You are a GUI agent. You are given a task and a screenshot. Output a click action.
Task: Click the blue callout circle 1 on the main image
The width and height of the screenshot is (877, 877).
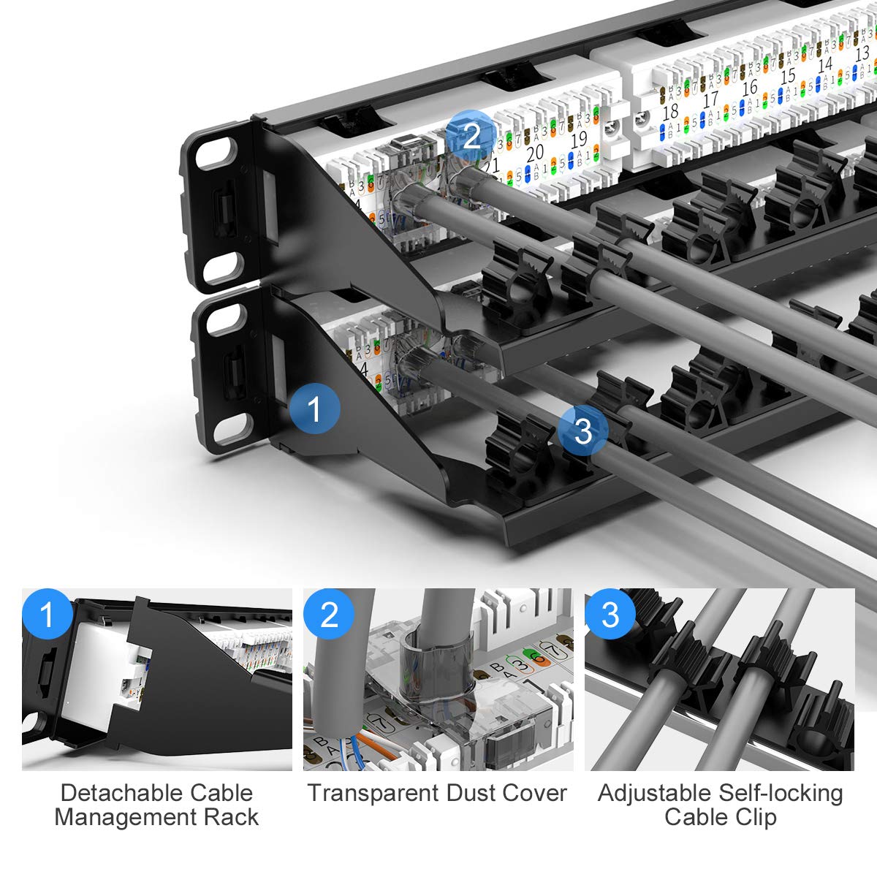pyautogui.click(x=314, y=409)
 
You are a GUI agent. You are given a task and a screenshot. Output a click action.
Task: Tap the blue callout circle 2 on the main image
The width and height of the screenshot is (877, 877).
pyautogui.click(x=472, y=136)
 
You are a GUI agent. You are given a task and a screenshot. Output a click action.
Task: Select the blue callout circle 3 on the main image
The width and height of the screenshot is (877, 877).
pyautogui.click(x=582, y=430)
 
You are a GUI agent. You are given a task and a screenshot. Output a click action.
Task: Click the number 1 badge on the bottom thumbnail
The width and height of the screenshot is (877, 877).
pyautogui.click(x=48, y=614)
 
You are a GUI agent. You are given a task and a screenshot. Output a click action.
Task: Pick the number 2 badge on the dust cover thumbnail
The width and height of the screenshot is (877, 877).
pyautogui.click(x=329, y=614)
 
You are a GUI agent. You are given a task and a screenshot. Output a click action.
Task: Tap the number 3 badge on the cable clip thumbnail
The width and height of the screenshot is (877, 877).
pyautogui.click(x=610, y=614)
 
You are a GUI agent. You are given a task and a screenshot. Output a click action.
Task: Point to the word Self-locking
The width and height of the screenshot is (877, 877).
pyautogui.click(x=781, y=793)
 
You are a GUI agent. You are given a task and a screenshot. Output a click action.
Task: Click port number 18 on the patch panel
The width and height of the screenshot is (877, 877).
pyautogui.click(x=670, y=112)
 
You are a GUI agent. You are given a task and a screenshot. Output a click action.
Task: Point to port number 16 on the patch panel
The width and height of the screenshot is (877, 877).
pyautogui.click(x=749, y=87)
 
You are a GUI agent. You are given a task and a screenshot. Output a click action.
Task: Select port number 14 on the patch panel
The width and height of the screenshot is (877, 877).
pyautogui.click(x=825, y=64)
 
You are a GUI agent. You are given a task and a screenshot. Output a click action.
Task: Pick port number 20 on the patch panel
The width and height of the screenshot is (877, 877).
pyautogui.click(x=535, y=152)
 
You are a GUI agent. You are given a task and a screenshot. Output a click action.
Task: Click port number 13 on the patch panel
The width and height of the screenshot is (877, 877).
pyautogui.click(x=862, y=52)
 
